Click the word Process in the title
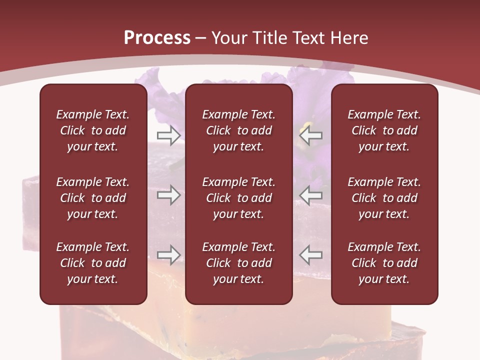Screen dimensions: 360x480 coord(157,38)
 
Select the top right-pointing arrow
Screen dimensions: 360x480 coord(168,134)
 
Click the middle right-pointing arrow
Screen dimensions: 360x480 coord(168,195)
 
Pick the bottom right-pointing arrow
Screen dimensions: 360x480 coord(168,254)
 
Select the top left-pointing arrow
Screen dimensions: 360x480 coord(311,134)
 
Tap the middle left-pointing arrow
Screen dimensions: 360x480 coord(311,195)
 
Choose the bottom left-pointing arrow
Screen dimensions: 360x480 coord(311,254)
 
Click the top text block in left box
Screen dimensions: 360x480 coord(93,130)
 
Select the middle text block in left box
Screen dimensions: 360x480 coord(93,198)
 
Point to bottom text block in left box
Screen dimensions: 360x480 coord(93,263)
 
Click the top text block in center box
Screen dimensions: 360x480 coord(238,130)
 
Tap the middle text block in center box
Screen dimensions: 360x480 coord(238,198)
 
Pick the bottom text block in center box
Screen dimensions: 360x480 coord(238,263)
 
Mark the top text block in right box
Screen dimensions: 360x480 coord(384,130)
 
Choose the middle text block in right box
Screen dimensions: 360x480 coord(384,198)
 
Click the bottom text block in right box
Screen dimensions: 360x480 coord(384,263)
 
